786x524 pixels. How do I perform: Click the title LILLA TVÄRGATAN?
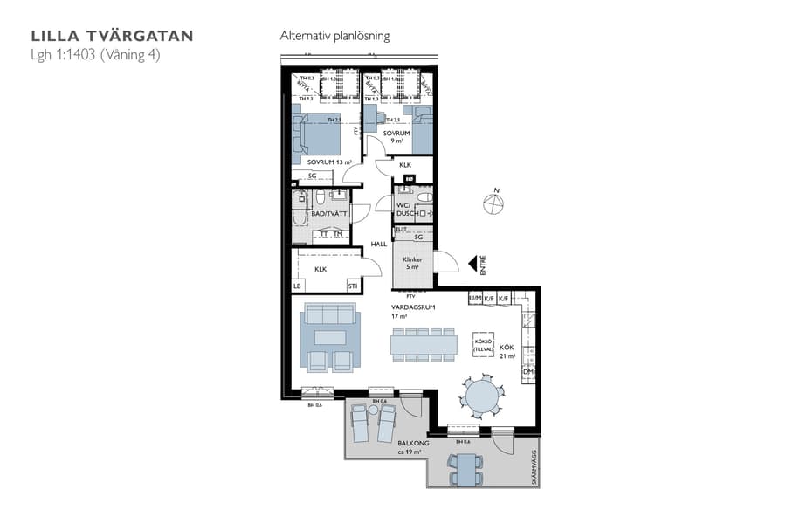pos(112,36)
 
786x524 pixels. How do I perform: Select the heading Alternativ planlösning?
pos(334,36)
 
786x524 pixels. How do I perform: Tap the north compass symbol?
pos(493,204)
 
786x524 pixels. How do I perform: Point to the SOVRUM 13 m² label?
pos(328,162)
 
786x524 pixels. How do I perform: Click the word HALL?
pos(378,244)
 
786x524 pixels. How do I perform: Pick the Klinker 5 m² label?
pos(412,264)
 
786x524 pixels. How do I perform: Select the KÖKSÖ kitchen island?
pos(484,344)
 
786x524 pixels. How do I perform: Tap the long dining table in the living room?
pos(424,346)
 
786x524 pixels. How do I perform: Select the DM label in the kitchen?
pos(527,371)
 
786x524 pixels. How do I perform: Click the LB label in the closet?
pos(297,286)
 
